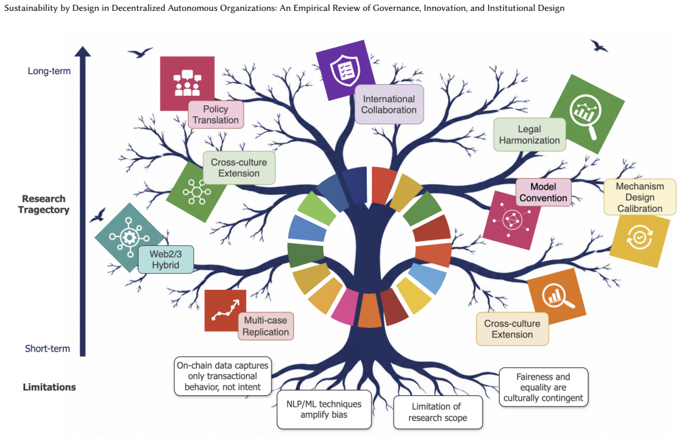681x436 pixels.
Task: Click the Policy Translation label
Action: click(x=216, y=115)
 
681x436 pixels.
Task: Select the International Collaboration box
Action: click(x=389, y=104)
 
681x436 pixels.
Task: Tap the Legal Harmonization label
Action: click(x=530, y=134)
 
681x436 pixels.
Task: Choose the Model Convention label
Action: click(x=543, y=192)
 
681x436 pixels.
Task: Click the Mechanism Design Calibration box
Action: click(x=640, y=197)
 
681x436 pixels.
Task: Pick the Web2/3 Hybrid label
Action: click(x=166, y=259)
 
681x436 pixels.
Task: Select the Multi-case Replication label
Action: click(x=265, y=326)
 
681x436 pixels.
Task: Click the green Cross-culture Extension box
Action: click(x=239, y=168)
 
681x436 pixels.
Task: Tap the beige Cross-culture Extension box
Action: click(x=512, y=329)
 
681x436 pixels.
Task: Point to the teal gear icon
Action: click(x=128, y=237)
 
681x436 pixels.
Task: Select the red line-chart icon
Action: click(x=225, y=310)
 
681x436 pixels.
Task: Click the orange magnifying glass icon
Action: click(x=557, y=296)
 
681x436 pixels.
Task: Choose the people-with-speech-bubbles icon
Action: click(x=187, y=82)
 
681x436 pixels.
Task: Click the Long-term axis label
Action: click(x=49, y=71)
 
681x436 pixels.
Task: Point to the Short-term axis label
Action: click(x=48, y=348)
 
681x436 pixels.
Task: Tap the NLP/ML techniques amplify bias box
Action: click(x=324, y=409)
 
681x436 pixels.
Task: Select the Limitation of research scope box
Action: click(x=438, y=412)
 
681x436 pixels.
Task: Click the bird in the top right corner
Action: click(x=599, y=46)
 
